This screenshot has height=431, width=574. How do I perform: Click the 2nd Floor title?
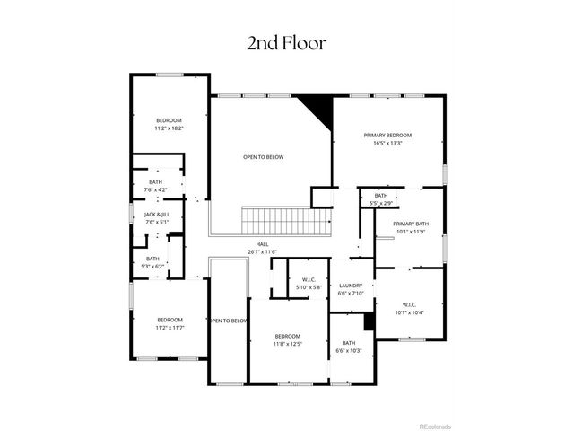point(286,42)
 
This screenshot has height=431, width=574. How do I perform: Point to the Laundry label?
point(350,286)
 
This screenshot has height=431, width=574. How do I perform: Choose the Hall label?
point(262,244)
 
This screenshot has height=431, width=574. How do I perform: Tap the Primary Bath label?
point(411,224)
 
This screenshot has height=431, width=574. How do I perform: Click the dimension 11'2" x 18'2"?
point(169,128)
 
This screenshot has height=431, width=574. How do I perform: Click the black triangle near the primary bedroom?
point(317,110)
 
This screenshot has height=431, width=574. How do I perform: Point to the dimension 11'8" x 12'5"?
point(288,344)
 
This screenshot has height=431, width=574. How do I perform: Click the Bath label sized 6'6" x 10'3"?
point(348,342)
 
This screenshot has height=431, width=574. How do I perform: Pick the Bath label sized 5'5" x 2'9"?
point(381,196)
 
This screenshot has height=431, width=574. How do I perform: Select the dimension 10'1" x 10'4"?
point(409,312)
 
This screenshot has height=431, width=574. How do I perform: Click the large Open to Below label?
point(263,157)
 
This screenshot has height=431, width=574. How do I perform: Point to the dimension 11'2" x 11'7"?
point(170,328)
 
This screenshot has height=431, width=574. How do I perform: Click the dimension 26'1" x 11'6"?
point(262,251)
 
